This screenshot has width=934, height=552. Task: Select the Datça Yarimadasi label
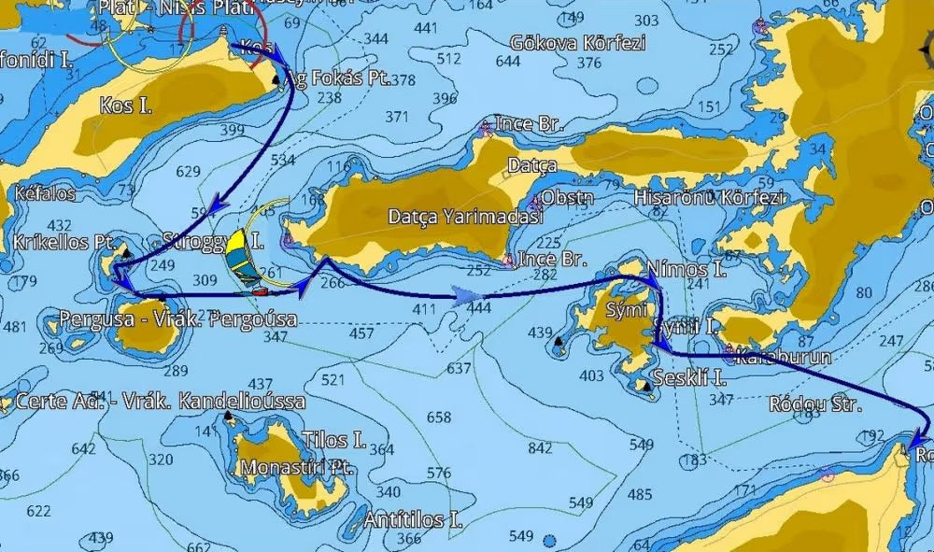(453, 217)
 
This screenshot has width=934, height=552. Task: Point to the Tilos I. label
(333, 440)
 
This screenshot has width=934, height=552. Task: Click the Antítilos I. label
(415, 519)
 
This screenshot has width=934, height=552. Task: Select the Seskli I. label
(689, 378)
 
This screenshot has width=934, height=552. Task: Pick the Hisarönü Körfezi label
(710, 198)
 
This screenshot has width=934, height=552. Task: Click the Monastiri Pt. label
(295, 467)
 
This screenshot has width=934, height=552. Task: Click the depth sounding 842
(541, 448)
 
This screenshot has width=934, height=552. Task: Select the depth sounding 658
(438, 417)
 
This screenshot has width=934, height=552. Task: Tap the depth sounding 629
(188, 172)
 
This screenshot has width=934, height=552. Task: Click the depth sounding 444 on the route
(479, 307)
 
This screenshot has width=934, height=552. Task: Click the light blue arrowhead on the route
(463, 297)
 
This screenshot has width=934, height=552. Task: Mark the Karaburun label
(771, 357)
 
